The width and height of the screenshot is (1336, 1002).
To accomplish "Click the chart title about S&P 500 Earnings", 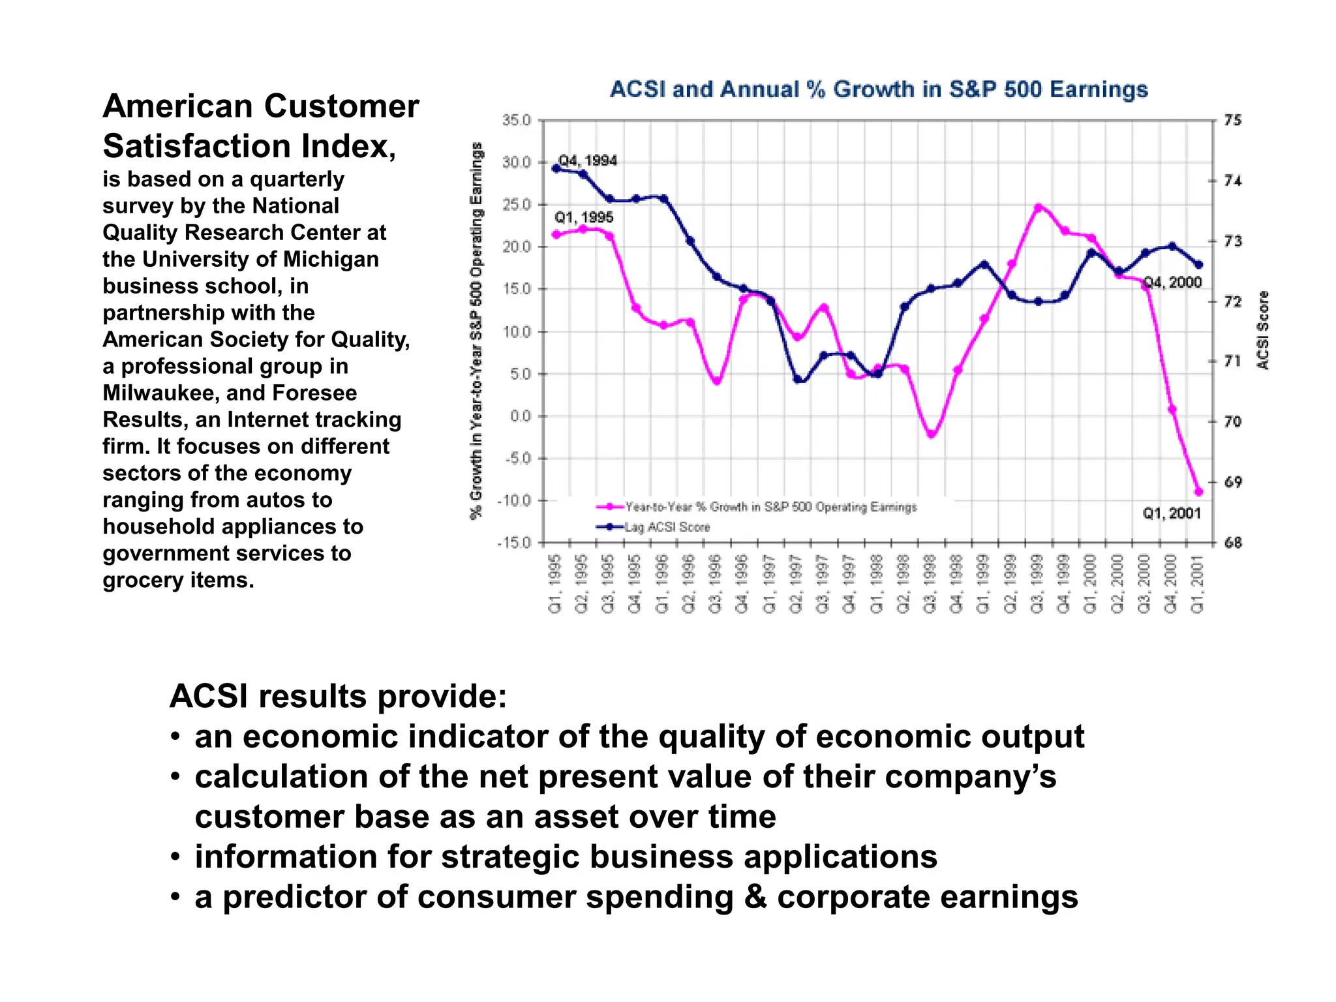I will tap(878, 89).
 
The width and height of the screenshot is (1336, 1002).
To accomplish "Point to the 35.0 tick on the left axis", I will tap(517, 120).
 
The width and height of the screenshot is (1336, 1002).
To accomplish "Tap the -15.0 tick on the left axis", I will tap(514, 543).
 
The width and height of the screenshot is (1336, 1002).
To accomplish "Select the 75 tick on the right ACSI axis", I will tap(1233, 120).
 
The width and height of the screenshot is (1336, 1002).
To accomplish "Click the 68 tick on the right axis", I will tap(1233, 543).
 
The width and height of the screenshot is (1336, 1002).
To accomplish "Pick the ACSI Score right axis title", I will tap(1263, 330).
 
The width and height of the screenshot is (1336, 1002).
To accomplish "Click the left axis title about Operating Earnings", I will tap(477, 330).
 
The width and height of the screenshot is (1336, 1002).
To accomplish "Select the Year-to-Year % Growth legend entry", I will tap(770, 507).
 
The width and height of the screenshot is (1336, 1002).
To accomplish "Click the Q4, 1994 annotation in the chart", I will tap(588, 160).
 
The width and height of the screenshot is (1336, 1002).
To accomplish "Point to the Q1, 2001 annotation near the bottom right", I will tap(1172, 513).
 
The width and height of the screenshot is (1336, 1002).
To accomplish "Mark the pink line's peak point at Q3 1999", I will tap(1039, 207).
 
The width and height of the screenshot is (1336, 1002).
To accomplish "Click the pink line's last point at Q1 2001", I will tap(1198, 492).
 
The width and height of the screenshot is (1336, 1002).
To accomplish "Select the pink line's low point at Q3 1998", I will tap(932, 434).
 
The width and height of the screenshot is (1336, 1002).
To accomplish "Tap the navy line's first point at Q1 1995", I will tap(556, 168).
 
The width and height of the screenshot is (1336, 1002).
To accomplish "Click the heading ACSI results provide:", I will tap(338, 696).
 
